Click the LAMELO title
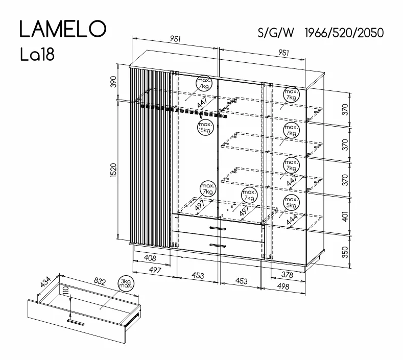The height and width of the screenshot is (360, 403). click(x=63, y=29)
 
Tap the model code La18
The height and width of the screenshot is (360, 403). click(x=37, y=55)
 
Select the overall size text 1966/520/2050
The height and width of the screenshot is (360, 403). click(x=344, y=33)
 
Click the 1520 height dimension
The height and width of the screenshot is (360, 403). click(x=113, y=170)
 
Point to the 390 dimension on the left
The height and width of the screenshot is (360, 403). click(x=113, y=82)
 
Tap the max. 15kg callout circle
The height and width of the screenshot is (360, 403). click(x=205, y=128)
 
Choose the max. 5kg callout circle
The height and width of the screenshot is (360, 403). click(x=291, y=203)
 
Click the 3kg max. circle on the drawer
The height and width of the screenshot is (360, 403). click(x=126, y=284)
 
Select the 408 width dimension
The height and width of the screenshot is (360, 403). click(x=150, y=257)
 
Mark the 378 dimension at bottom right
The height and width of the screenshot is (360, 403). click(x=287, y=275)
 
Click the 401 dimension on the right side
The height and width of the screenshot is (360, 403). click(x=345, y=217)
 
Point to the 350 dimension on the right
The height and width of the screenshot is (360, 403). click(x=345, y=252)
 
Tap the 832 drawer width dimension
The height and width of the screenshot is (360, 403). click(x=100, y=281)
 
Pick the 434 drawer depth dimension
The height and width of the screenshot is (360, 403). click(x=46, y=282)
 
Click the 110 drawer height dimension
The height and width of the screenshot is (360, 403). click(x=66, y=291)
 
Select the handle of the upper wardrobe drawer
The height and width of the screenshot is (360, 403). click(x=218, y=228)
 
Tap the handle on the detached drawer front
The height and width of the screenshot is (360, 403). click(x=76, y=322)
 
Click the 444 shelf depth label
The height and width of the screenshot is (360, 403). click(x=292, y=220)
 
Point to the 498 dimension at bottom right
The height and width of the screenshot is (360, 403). click(x=283, y=286)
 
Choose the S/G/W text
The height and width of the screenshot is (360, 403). click(x=276, y=33)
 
